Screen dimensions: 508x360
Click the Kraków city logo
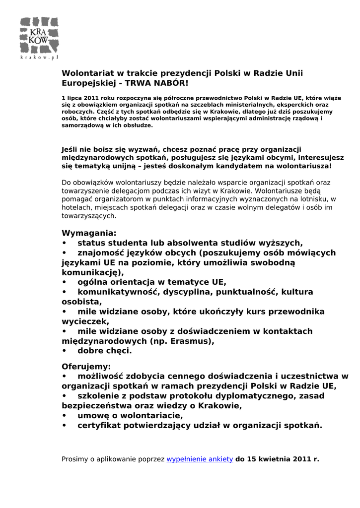(x=39, y=35)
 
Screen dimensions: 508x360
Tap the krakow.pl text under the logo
(x=39, y=58)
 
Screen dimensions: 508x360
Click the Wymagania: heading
(x=89, y=233)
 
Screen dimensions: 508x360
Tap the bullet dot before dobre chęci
(x=64, y=351)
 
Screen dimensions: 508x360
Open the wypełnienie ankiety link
(x=200, y=459)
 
